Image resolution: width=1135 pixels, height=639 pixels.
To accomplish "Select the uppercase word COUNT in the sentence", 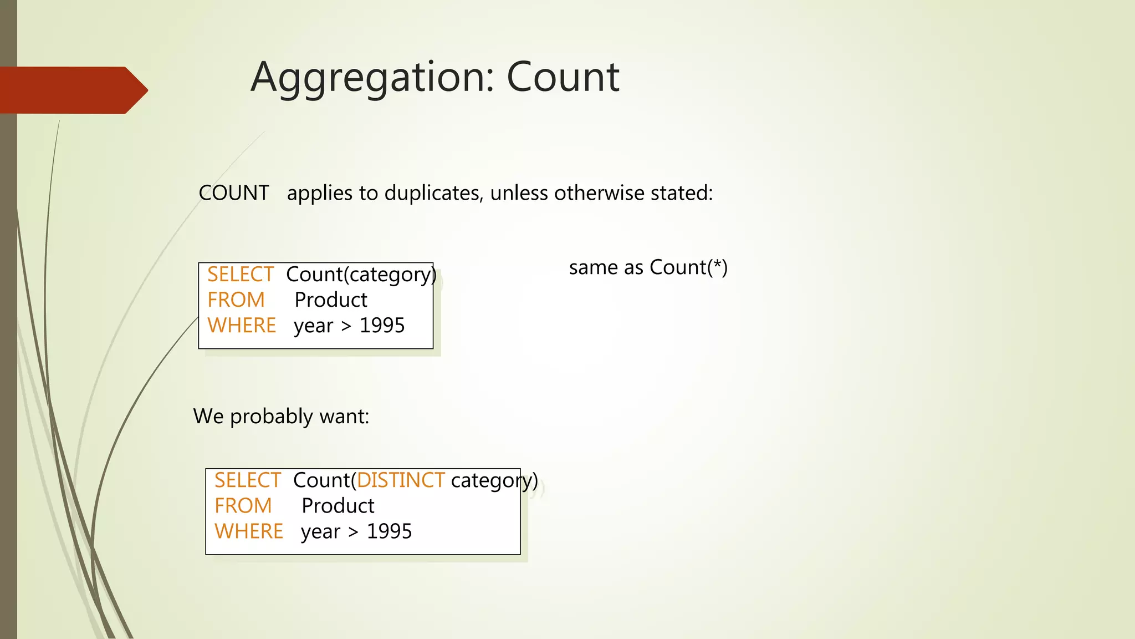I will [233, 193].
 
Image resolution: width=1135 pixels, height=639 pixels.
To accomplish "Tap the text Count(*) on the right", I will [688, 267].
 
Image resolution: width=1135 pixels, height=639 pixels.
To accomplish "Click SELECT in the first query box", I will [240, 275].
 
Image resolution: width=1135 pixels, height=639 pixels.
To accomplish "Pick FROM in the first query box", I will [236, 300].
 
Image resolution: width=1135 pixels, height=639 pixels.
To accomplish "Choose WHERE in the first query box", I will [242, 326].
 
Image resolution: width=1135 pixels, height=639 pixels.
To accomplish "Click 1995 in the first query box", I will [382, 326].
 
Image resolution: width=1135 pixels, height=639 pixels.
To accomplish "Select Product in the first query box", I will [331, 300].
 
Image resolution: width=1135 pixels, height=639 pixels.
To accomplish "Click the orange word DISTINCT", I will [401, 480].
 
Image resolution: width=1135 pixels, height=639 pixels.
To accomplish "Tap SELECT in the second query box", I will [247, 480].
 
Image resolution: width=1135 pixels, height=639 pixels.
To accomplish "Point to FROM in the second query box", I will [243, 506].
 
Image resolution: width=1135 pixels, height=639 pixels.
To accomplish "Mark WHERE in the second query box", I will [249, 531].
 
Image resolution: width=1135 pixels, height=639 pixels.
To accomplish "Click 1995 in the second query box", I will [389, 531].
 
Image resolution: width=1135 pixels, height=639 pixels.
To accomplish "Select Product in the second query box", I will [338, 506].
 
